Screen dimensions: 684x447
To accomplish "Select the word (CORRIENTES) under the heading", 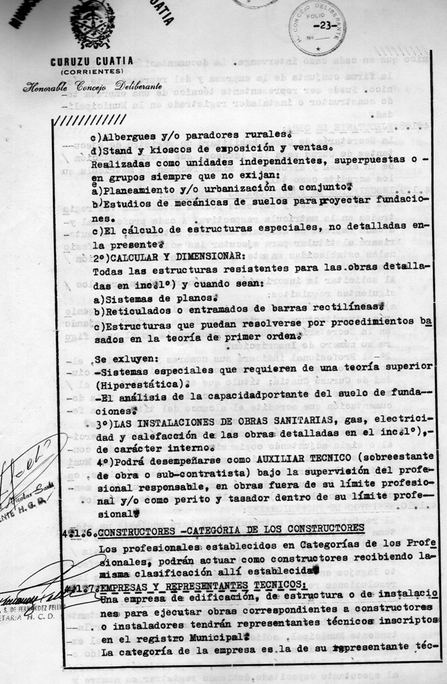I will [92, 71].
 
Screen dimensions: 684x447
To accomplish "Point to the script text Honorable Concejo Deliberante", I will [92, 87].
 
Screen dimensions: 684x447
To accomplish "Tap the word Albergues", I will [132, 134].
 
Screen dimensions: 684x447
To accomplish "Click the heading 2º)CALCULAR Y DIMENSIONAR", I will [168, 256].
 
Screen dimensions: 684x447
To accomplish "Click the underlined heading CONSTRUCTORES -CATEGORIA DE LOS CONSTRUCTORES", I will [231, 528].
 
